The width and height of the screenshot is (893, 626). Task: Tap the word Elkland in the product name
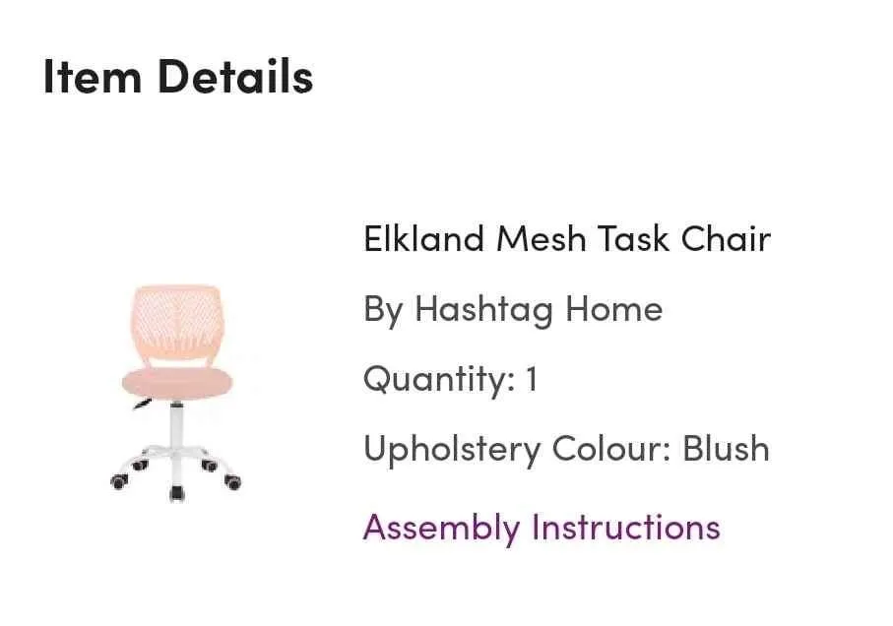(x=424, y=239)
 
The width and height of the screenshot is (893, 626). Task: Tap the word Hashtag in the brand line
(x=484, y=310)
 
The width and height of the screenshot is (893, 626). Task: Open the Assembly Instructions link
(x=542, y=528)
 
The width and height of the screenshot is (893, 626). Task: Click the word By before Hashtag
(x=383, y=310)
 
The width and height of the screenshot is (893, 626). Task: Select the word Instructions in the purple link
(x=626, y=528)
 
